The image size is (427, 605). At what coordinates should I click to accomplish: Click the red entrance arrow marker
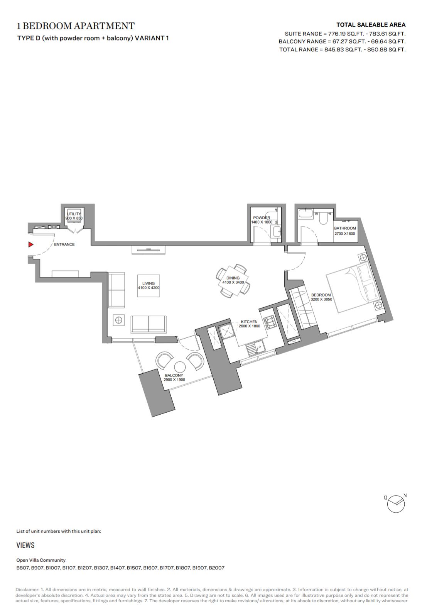click(31, 244)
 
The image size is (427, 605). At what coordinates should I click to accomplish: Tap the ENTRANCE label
click(64, 244)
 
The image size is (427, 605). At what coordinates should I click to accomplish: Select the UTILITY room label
click(74, 214)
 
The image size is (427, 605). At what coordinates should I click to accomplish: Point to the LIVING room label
click(149, 283)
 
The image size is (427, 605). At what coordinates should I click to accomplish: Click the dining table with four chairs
click(233, 281)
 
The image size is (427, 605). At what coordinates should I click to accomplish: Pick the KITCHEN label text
click(249, 322)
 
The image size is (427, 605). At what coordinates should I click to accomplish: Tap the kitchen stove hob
click(269, 322)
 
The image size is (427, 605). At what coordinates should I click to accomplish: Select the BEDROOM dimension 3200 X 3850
click(321, 299)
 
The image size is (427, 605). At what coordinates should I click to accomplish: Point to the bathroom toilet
click(323, 218)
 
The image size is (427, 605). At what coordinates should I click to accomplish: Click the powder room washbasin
click(276, 232)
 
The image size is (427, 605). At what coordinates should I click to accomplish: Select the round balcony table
click(180, 367)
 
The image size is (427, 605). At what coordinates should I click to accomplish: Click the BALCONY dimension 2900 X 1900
click(174, 380)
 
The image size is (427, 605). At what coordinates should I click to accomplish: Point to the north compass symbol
click(396, 504)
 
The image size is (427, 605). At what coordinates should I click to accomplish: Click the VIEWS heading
click(25, 545)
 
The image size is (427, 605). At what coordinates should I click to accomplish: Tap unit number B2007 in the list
click(216, 568)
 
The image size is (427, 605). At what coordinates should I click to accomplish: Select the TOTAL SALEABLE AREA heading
click(371, 25)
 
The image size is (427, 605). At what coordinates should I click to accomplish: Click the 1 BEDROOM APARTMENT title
click(76, 26)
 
